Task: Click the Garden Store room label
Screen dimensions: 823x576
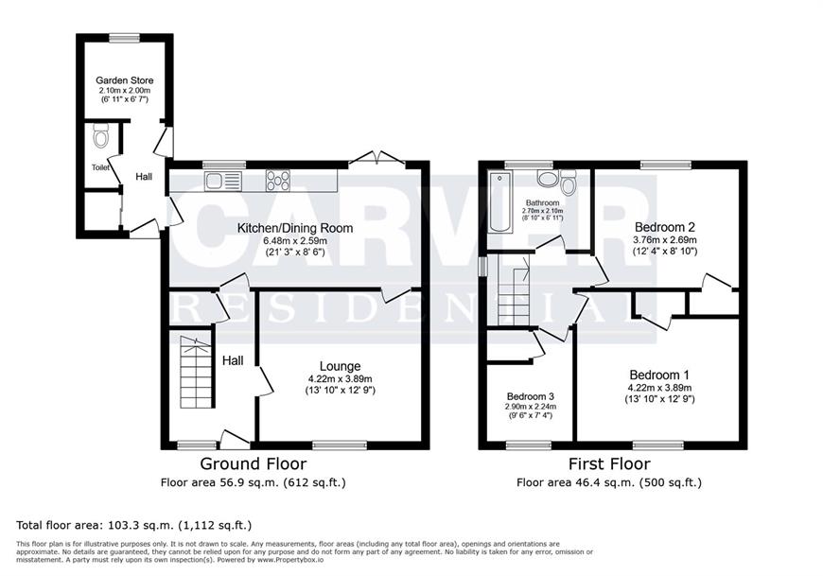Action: tap(124, 80)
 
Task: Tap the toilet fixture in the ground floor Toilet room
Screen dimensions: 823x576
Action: tap(100, 135)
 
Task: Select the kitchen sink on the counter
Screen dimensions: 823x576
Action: tap(222, 181)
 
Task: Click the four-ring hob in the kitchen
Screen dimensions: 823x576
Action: tap(278, 181)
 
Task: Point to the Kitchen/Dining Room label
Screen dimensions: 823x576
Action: tap(295, 228)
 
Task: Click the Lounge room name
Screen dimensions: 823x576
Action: tap(341, 366)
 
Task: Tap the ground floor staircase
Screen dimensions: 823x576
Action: tap(198, 372)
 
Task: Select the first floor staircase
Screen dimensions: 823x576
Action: tap(514, 290)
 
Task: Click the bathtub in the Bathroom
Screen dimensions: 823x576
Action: tap(500, 202)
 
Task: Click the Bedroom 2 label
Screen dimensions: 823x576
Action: tap(665, 227)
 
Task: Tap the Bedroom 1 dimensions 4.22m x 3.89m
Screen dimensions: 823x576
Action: tap(659, 388)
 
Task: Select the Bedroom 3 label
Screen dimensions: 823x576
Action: tap(530, 396)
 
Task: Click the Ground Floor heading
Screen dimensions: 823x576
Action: tap(254, 463)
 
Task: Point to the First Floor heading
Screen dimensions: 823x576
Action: tap(609, 463)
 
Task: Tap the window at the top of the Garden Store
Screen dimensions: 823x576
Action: tap(124, 37)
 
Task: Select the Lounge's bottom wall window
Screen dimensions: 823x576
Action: tap(340, 445)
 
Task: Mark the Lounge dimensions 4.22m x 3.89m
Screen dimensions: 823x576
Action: tap(341, 378)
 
